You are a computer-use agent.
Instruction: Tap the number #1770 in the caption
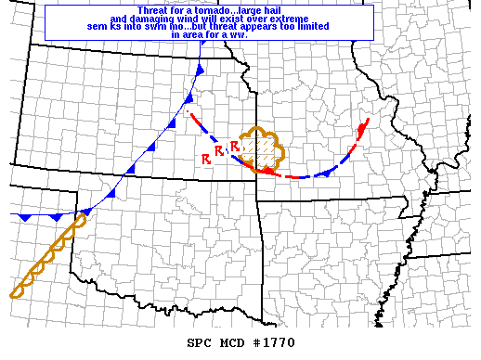(x=277, y=342)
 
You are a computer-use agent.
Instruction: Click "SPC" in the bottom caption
(x=199, y=342)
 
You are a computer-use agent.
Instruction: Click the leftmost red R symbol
(x=205, y=160)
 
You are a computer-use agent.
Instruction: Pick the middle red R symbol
(x=219, y=150)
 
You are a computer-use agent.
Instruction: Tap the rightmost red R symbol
(x=235, y=145)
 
